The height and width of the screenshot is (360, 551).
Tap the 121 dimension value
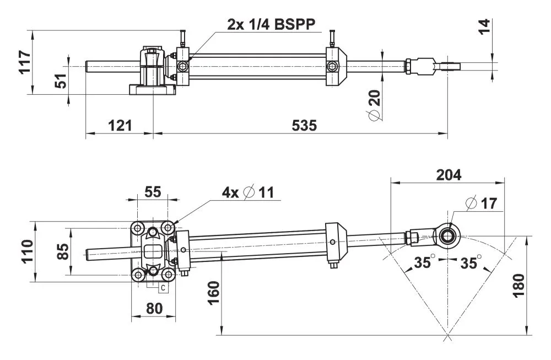pos(119,126)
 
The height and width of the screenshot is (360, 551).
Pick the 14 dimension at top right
pos(483,26)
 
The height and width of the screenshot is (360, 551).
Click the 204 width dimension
pos(448,175)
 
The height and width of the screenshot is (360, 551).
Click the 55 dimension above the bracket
pos(153,192)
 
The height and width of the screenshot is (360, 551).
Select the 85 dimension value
pos(63,251)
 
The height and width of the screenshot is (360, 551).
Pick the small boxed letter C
pos(163,287)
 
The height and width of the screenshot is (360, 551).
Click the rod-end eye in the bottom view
pos(447,235)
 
